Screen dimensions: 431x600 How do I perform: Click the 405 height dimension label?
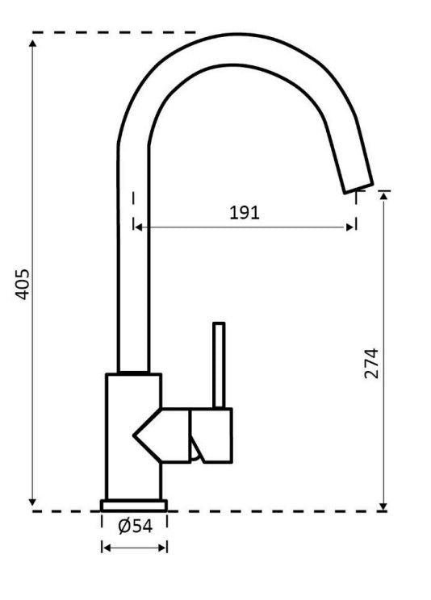tap(22, 285)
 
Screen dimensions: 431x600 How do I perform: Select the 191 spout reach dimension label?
tap(245, 212)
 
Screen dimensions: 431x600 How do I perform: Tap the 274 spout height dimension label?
tap(370, 363)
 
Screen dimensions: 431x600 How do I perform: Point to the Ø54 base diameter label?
tap(136, 526)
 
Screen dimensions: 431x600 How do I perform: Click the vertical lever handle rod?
tap(219, 365)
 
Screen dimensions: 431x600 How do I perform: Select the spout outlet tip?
tap(358, 188)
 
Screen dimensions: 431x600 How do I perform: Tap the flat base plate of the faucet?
tap(134, 506)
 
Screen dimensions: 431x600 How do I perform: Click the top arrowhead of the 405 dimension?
tap(32, 43)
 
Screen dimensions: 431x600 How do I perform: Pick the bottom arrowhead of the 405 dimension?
tap(32, 502)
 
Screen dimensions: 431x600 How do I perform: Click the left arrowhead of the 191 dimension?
tap(139, 227)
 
